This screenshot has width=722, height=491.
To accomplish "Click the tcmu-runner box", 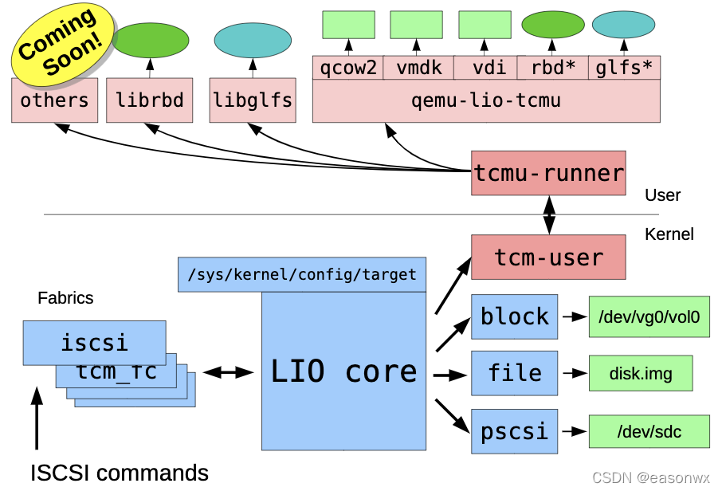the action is (x=548, y=173).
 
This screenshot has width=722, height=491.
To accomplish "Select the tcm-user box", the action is (x=548, y=257).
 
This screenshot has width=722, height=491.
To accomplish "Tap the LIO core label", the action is (x=343, y=371).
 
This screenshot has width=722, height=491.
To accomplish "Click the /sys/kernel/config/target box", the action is (x=302, y=274).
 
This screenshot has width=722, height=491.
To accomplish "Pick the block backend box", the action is (x=514, y=317).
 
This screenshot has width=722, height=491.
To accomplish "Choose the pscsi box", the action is (x=514, y=431).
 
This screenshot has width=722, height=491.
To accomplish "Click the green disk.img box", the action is (x=641, y=373).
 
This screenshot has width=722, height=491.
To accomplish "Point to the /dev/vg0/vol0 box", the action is (x=649, y=317).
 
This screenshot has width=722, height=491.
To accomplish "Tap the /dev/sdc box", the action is (x=649, y=431).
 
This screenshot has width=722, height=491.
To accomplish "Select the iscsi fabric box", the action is (x=94, y=343).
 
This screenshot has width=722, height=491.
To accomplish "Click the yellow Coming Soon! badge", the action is (x=63, y=44).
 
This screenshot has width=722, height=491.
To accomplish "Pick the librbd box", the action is (x=149, y=100).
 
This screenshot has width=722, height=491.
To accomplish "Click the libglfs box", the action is (x=253, y=100).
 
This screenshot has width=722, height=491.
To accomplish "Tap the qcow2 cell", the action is (x=348, y=68).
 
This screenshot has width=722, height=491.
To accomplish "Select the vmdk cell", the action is (x=418, y=68).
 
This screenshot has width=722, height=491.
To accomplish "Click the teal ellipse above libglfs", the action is (x=253, y=41).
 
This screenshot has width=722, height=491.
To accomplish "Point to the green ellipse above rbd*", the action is (x=553, y=25).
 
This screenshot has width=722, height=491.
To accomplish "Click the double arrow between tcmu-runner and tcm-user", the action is (x=549, y=215).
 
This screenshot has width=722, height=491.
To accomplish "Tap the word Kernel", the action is (x=669, y=234).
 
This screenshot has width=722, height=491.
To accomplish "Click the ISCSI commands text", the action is (x=120, y=473).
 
